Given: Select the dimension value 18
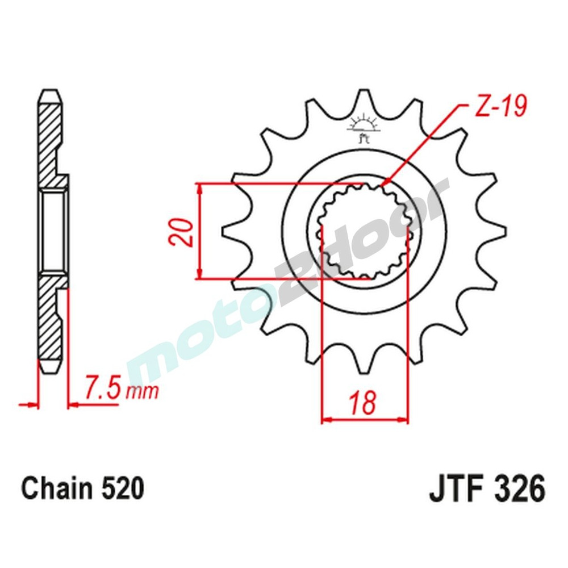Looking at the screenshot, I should (x=364, y=403).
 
